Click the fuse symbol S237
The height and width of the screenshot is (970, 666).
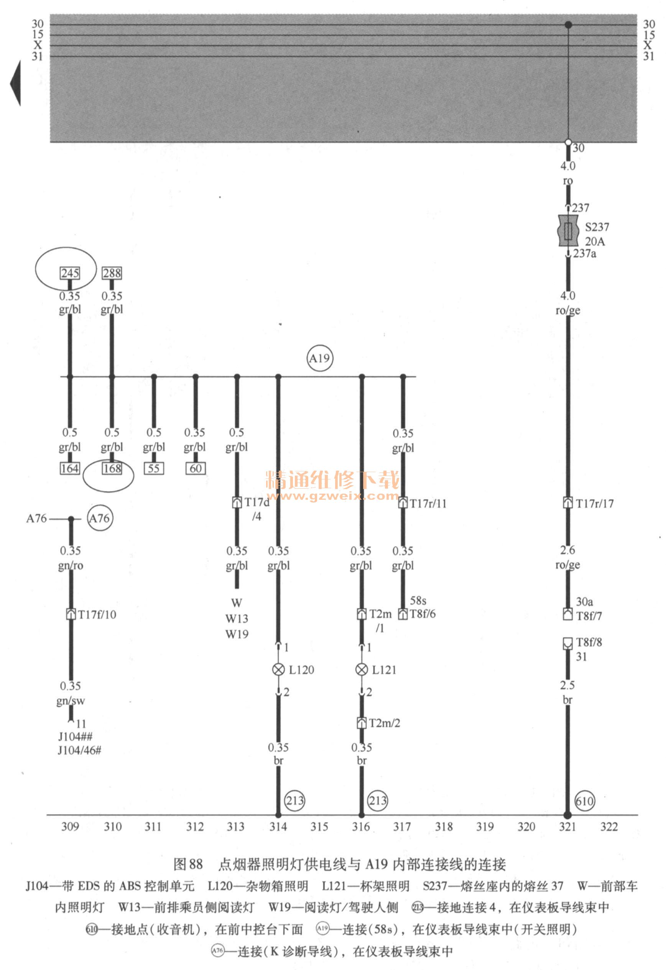click(x=568, y=231)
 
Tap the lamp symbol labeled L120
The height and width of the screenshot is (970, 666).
click(x=278, y=670)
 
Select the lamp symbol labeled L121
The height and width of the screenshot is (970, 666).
click(x=362, y=670)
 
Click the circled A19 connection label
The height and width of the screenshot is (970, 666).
click(x=320, y=358)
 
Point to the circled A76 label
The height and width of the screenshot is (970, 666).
click(x=100, y=519)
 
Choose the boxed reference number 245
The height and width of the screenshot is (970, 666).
click(x=70, y=273)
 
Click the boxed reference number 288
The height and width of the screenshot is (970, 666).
click(x=112, y=273)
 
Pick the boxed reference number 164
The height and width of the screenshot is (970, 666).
click(x=70, y=468)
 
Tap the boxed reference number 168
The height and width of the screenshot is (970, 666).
click(x=112, y=468)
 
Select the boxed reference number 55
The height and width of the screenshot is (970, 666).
click(x=154, y=468)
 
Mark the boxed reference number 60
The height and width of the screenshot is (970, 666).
click(x=196, y=468)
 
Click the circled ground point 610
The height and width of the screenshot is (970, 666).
click(x=585, y=801)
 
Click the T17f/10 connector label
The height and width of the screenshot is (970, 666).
click(x=97, y=614)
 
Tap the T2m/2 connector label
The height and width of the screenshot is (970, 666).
click(x=384, y=723)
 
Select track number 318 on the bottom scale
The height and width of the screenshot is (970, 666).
click(x=444, y=827)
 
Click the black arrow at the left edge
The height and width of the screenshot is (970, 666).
click(x=15, y=83)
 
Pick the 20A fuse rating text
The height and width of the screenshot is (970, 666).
click(x=595, y=241)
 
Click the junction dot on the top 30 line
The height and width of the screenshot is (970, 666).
click(x=568, y=25)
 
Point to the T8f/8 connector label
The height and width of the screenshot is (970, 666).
click(x=589, y=642)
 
